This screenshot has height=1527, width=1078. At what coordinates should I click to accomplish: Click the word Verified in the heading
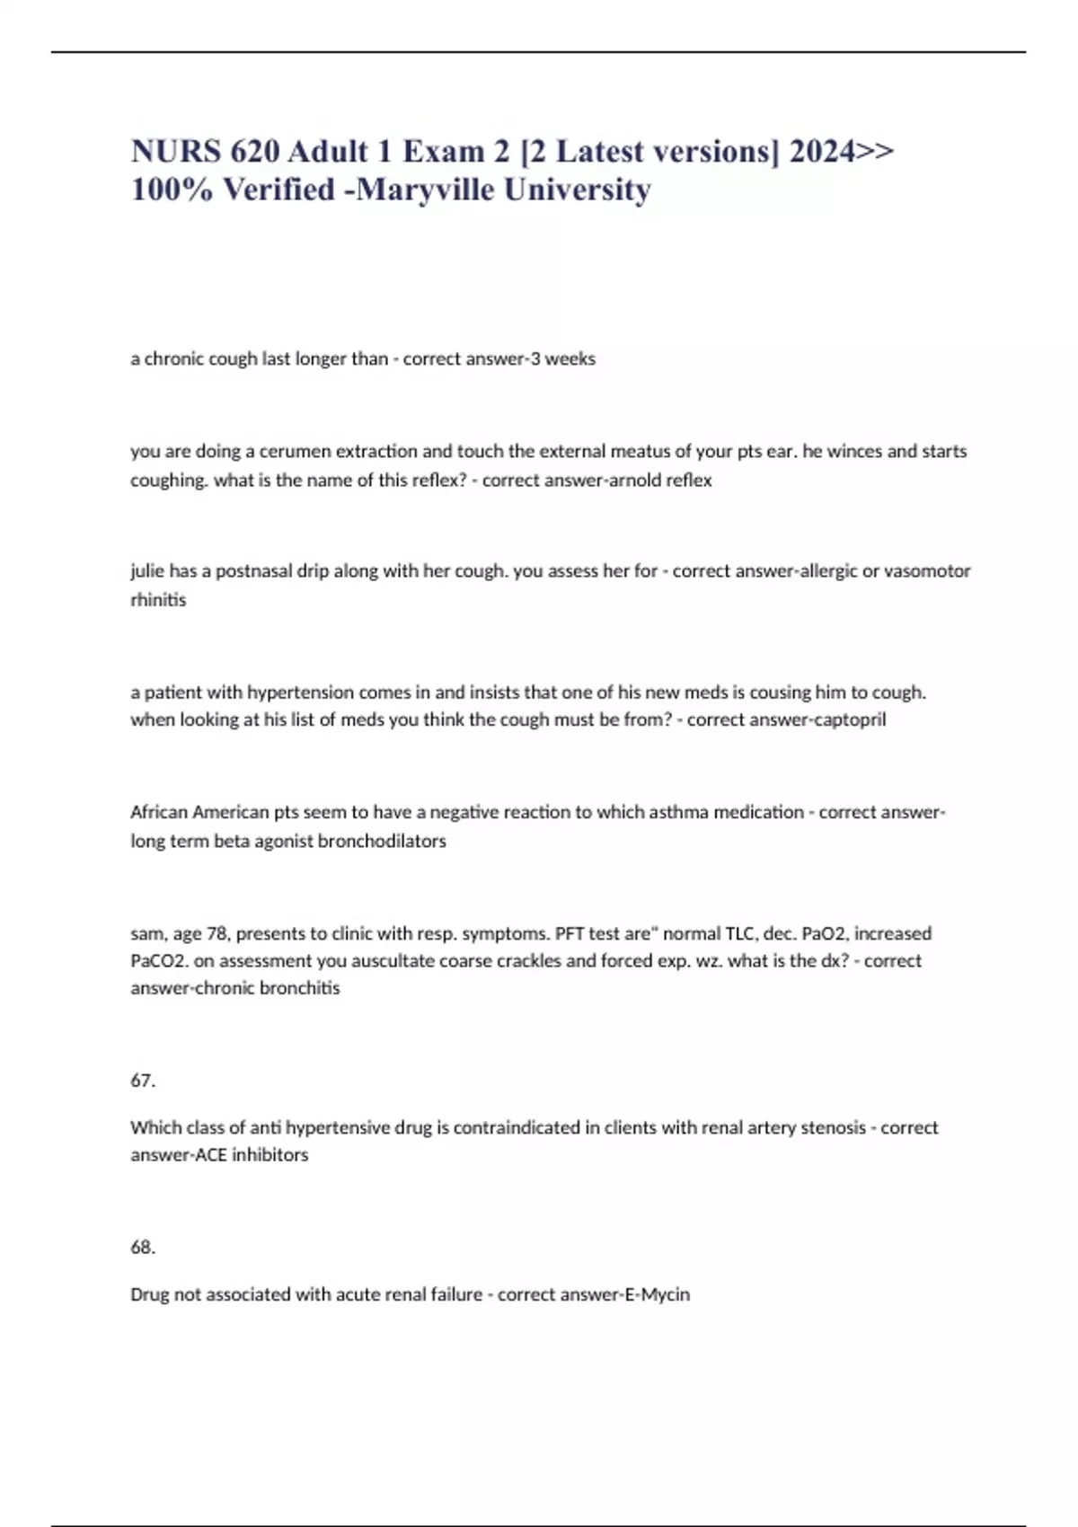pyautogui.click(x=278, y=190)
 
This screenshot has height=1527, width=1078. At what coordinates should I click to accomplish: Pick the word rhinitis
pyautogui.click(x=158, y=599)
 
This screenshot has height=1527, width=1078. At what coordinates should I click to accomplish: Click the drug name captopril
pyautogui.click(x=848, y=719)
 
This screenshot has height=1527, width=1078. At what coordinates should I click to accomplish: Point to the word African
pyautogui.click(x=159, y=812)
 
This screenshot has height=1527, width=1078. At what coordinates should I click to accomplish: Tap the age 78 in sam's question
pyautogui.click(x=216, y=933)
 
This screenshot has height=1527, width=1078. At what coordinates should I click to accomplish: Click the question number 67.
pyautogui.click(x=142, y=1081)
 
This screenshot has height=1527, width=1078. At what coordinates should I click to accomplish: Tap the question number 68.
pyautogui.click(x=142, y=1248)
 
